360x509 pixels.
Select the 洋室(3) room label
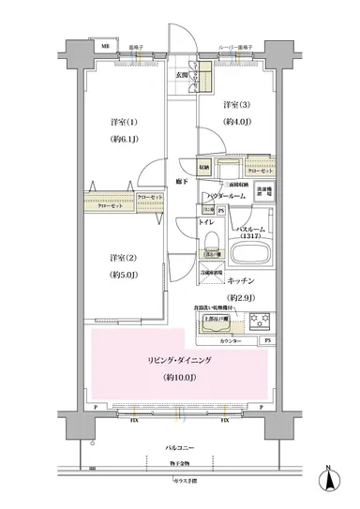click(235, 105)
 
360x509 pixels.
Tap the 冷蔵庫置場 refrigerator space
click(211, 273)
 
